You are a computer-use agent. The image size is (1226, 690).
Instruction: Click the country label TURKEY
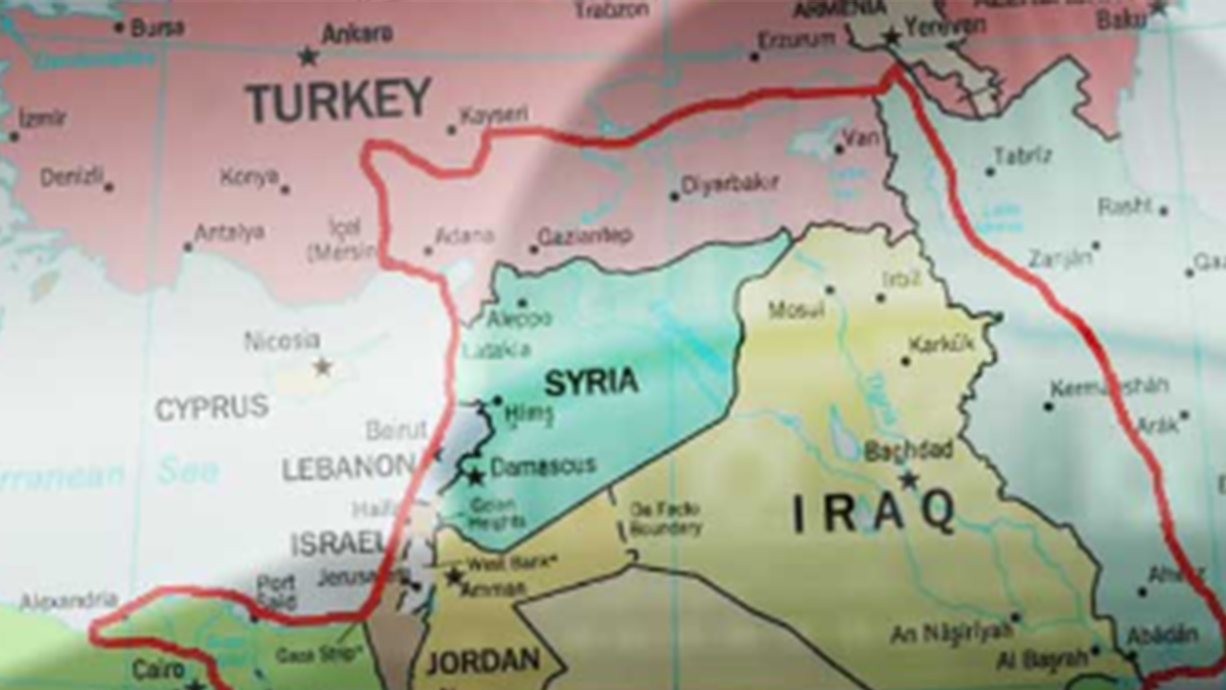coord(338,100)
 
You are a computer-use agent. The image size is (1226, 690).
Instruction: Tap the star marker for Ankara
coord(307,57)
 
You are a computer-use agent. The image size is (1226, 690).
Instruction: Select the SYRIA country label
coord(591,382)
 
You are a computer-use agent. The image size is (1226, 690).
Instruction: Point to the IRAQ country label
coord(874,513)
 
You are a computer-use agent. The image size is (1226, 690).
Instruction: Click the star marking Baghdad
coord(907,479)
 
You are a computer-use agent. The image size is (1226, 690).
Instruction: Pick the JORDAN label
coord(483,661)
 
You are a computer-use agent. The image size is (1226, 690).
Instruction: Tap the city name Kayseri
coord(494,115)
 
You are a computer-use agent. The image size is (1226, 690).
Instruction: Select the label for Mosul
coord(796,310)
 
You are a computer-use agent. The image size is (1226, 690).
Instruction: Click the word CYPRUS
coord(212,407)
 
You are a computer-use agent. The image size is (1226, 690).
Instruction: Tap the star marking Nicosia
coord(323,366)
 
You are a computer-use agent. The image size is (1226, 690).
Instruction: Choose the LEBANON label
coord(349,468)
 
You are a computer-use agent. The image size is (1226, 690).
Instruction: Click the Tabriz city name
coord(1023,155)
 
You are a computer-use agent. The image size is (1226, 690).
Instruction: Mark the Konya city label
coord(249,177)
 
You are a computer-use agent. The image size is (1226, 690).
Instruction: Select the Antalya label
coord(229,233)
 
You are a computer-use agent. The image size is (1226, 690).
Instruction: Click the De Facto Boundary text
coord(666,518)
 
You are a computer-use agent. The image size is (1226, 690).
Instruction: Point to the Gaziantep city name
coord(584,235)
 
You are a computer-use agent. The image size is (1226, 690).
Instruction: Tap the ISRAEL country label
coord(338,543)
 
